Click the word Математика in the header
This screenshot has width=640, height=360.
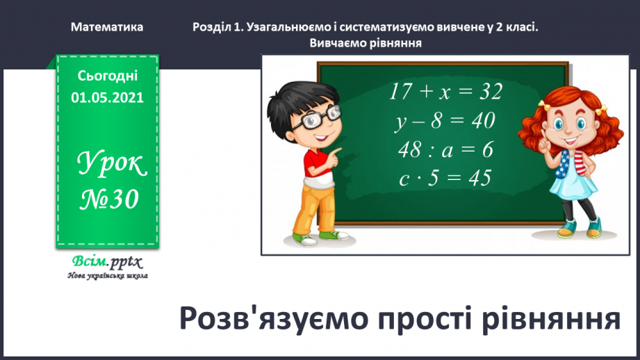107,27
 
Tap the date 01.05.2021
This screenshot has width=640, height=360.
107,98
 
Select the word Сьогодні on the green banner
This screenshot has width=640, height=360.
107,76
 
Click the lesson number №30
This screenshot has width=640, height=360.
107,199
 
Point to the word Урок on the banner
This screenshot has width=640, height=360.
111,163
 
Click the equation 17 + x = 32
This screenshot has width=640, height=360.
445,92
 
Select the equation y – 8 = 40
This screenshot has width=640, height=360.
445,121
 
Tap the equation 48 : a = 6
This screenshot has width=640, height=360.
445,149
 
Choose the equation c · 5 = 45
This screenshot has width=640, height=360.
445,179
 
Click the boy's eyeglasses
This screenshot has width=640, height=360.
306,119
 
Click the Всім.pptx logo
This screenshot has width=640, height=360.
106,262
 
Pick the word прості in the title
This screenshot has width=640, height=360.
416,319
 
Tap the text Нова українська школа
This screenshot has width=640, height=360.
107,276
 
